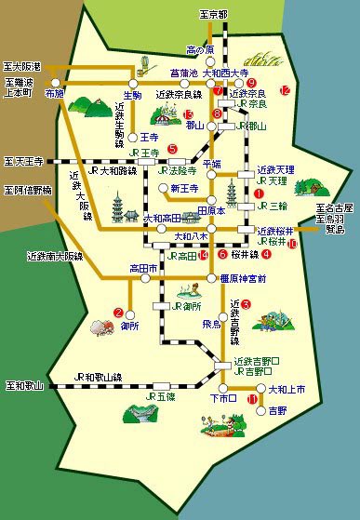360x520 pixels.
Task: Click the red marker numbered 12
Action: point(286,89)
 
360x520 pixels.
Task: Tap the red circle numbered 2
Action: point(118,312)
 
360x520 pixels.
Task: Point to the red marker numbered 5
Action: point(173,148)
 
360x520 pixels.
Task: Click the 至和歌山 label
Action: point(23,383)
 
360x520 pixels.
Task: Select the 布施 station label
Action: point(53,95)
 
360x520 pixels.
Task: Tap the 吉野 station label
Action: point(277,409)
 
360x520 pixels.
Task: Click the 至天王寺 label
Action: point(23,160)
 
